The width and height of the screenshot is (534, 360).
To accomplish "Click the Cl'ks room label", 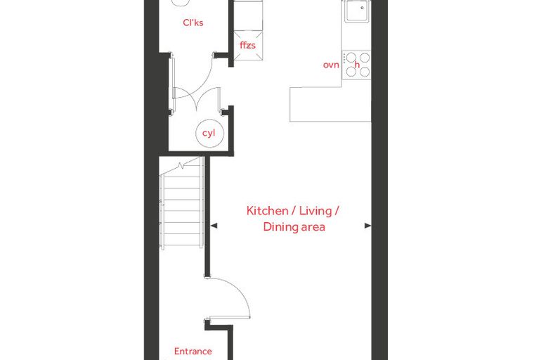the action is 193,22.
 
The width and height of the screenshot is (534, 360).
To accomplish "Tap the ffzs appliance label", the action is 247,45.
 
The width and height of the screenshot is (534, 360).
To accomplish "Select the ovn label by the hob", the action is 331,65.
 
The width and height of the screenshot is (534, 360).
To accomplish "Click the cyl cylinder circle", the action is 209,134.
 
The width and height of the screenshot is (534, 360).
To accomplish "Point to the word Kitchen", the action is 267,211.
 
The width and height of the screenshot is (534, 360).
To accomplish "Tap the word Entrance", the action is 193,351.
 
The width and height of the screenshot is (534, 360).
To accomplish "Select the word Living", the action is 315,211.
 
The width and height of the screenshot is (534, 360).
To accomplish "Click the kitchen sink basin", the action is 356,11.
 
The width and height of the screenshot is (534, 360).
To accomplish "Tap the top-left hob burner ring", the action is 351,58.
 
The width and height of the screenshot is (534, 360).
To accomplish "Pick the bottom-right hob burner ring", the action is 365,72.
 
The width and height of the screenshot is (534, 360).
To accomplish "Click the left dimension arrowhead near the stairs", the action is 214,225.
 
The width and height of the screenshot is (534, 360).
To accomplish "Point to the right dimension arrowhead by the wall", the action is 367,225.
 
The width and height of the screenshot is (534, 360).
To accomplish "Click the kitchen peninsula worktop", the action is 330,104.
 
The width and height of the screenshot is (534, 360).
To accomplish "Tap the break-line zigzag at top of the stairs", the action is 181,166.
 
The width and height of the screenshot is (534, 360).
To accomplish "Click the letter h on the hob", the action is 357,65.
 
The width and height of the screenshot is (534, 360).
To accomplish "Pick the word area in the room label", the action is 312,227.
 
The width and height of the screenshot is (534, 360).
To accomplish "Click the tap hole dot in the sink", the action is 362,8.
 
